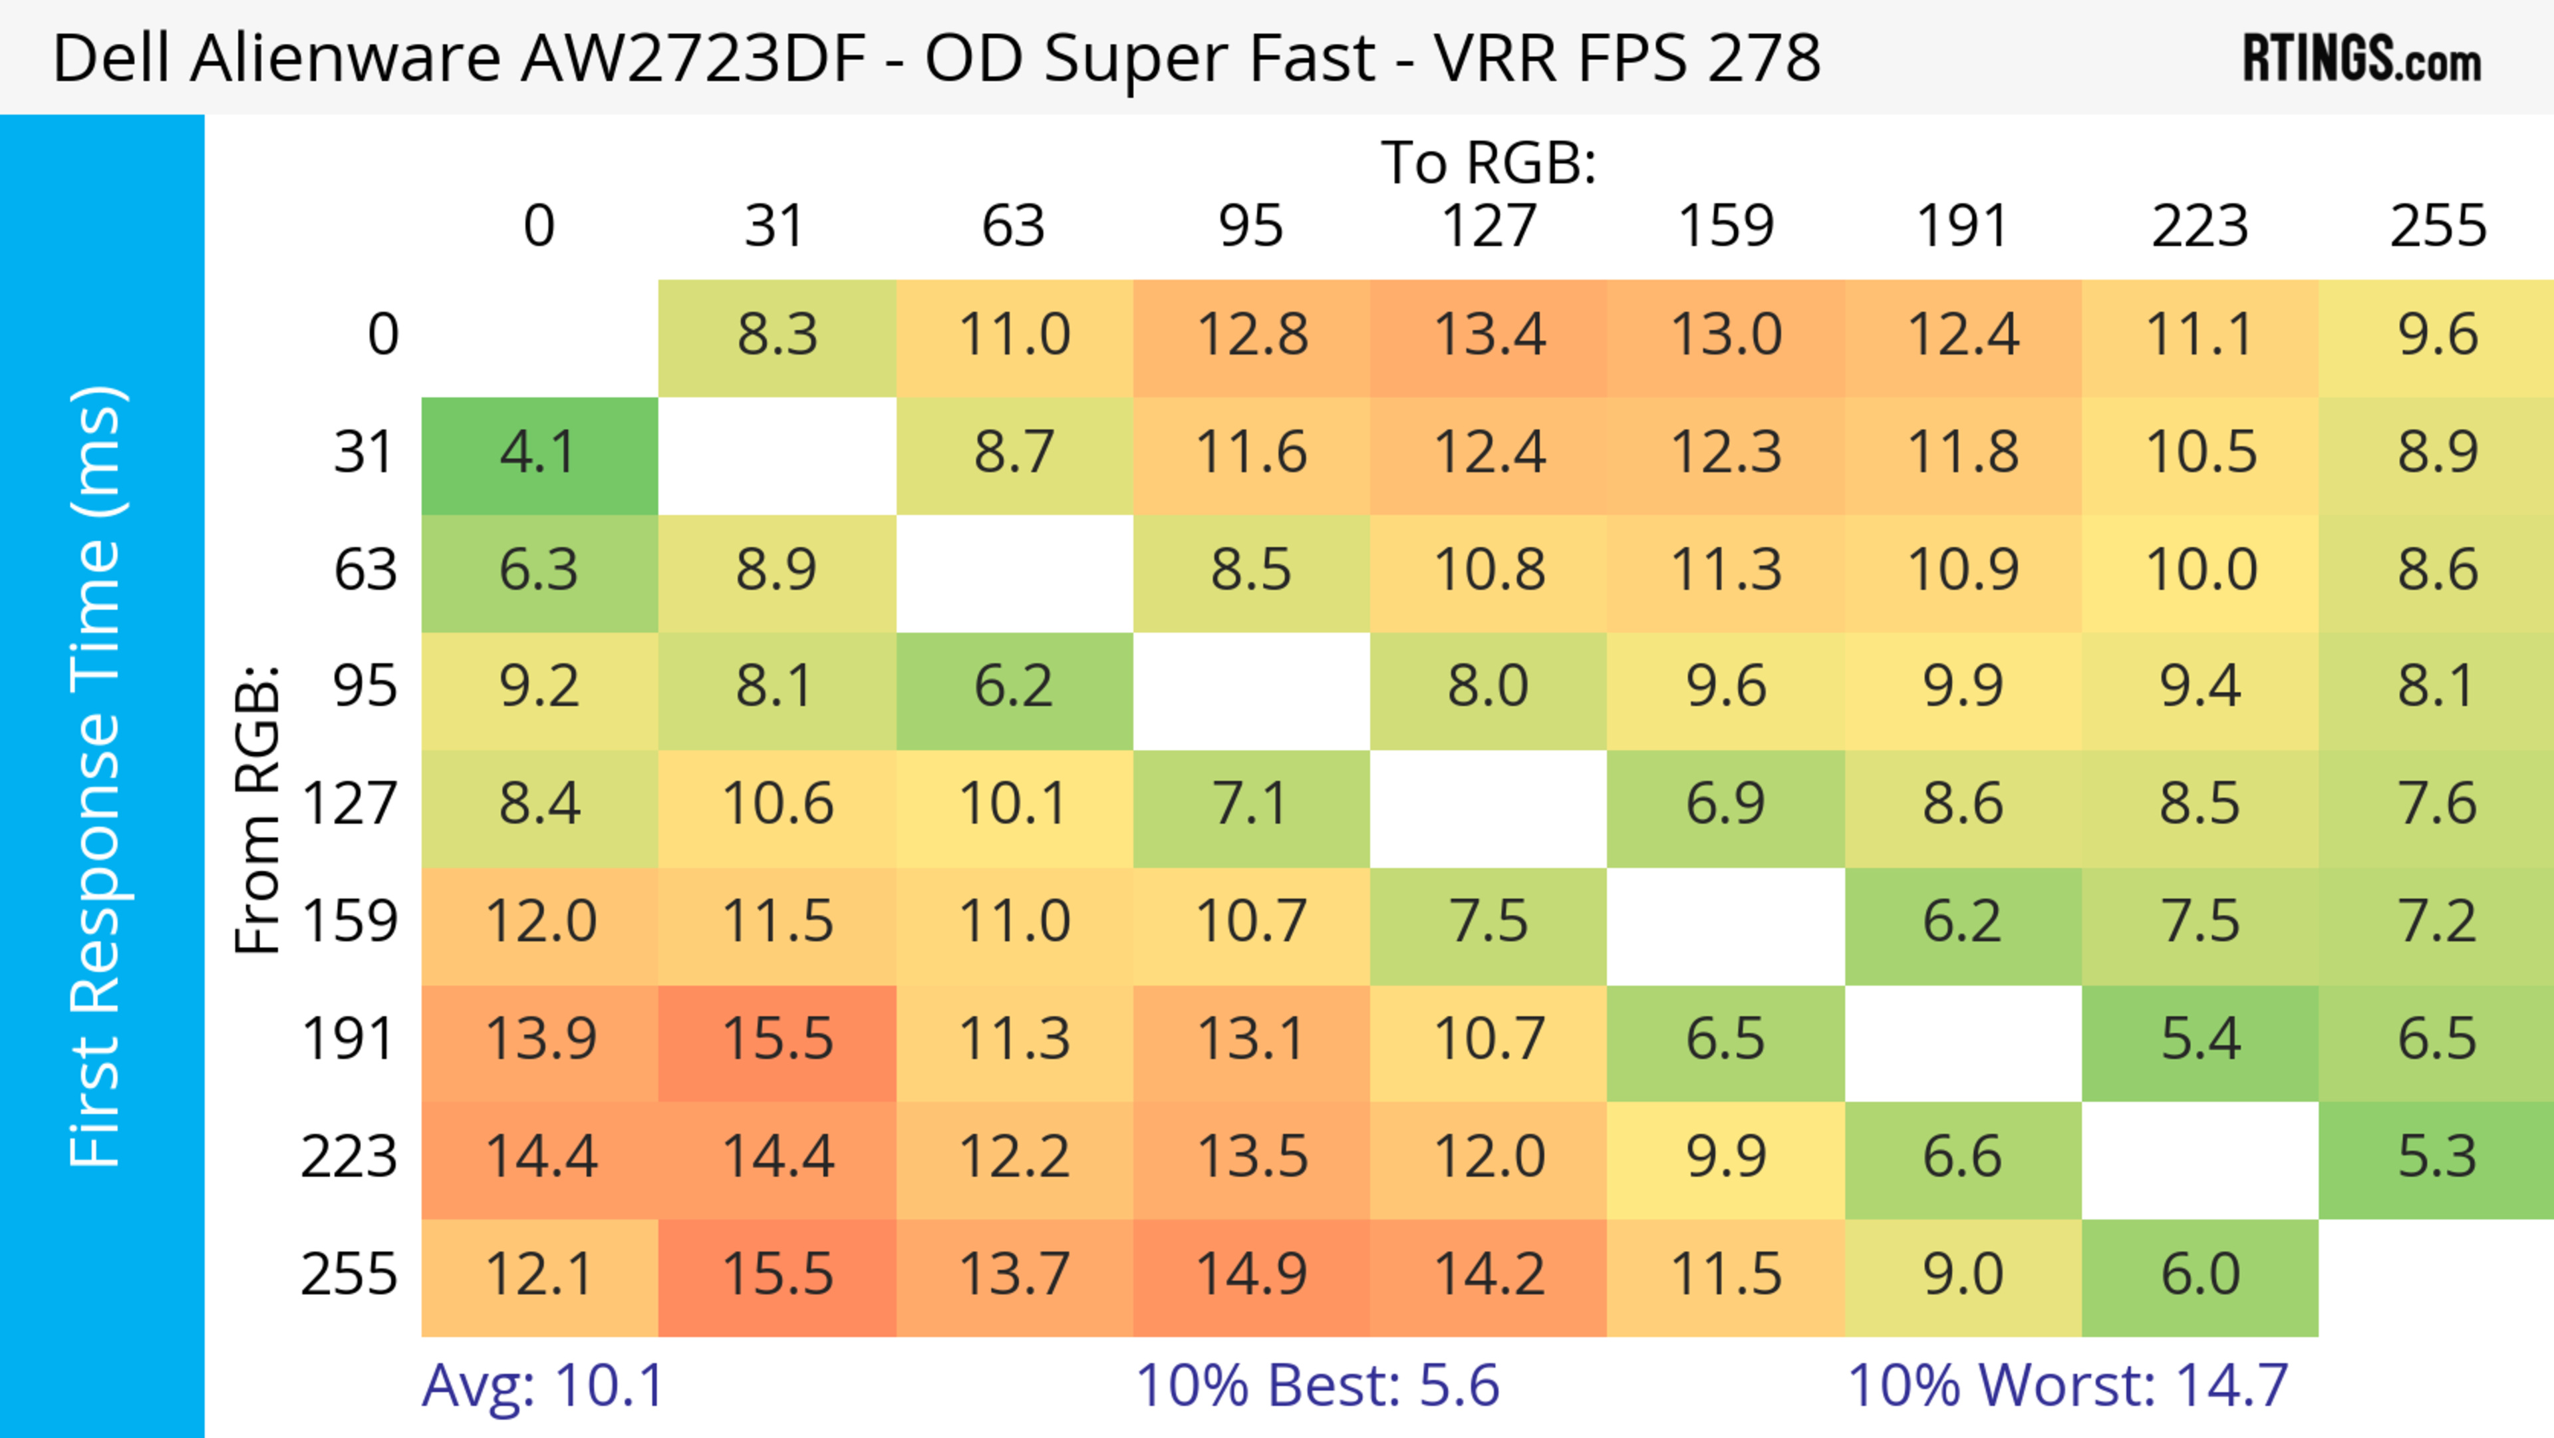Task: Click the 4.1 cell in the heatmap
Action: coord(539,454)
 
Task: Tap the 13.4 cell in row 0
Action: coord(1489,335)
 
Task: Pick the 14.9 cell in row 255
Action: coord(1251,1276)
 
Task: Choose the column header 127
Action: coord(1489,226)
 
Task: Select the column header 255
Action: coord(2437,226)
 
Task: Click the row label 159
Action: coord(350,922)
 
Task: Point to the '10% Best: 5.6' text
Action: coord(1317,1385)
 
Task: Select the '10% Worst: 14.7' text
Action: coord(2067,1385)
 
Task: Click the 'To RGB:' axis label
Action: coord(1489,162)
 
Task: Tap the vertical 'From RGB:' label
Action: coord(258,809)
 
